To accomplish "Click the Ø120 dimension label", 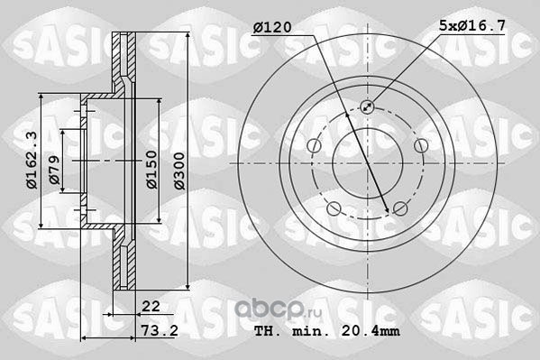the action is tap(272, 27).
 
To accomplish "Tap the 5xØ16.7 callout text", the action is tap(472, 25).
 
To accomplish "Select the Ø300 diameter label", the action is tap(179, 171).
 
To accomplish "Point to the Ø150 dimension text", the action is tap(151, 170).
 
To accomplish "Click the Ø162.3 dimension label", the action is tap(32, 161).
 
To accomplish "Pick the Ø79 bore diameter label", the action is tap(54, 170).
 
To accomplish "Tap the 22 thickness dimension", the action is tap(151, 306).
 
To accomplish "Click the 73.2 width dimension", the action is tap(160, 331).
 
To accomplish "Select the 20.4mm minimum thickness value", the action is tap(371, 331).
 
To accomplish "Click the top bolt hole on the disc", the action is tap(367, 106).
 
